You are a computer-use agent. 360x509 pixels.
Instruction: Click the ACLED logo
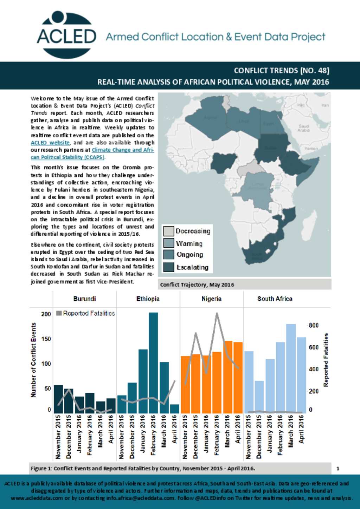(x=66, y=35)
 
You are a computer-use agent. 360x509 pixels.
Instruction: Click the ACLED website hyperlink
(x=50, y=143)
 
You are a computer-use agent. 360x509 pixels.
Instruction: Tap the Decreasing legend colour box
(x=169, y=231)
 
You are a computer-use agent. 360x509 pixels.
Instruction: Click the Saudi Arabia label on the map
(x=304, y=128)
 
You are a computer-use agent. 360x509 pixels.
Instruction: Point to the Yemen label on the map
(x=311, y=149)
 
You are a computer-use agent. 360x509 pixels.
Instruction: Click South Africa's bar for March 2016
(x=291, y=368)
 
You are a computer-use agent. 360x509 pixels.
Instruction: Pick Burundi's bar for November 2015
(x=58, y=399)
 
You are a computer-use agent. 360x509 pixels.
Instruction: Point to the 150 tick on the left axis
(x=46, y=339)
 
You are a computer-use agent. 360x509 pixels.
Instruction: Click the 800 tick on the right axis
(x=314, y=325)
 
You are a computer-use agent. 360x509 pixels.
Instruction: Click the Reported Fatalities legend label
(x=89, y=313)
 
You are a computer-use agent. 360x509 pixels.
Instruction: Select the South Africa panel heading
(x=275, y=299)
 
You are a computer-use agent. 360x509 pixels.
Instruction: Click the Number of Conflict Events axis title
(x=34, y=360)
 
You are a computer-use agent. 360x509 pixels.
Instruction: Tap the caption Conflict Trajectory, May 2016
(x=197, y=285)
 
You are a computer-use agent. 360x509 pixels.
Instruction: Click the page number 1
(x=338, y=468)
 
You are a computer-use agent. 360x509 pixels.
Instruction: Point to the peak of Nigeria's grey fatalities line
(x=217, y=313)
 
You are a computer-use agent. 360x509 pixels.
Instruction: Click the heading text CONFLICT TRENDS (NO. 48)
(x=281, y=71)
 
